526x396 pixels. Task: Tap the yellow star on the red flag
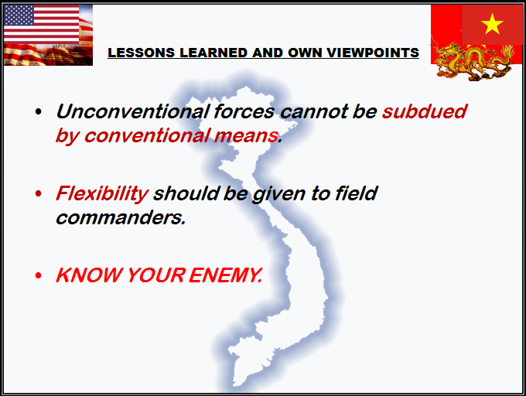click(x=491, y=26)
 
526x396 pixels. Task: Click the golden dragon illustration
click(x=471, y=58)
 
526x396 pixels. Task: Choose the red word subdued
click(x=424, y=111)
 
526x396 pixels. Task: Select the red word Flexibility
click(x=101, y=193)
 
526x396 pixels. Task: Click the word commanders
click(x=120, y=217)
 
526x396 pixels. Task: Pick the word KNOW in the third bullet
click(x=84, y=275)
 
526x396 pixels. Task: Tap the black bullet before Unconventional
click(x=39, y=113)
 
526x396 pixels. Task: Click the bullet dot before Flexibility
click(x=39, y=194)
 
